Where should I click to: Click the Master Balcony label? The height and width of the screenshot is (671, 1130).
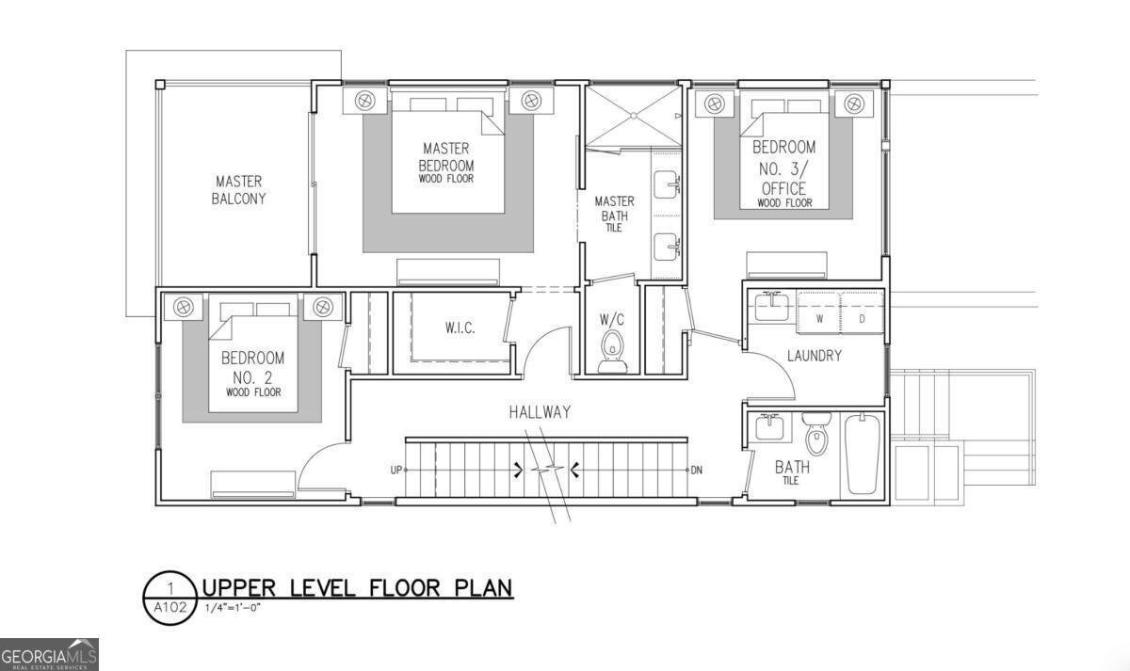(x=238, y=190)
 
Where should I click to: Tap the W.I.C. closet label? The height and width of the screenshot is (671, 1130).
(x=460, y=328)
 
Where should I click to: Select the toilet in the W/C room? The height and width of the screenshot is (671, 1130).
(x=613, y=352)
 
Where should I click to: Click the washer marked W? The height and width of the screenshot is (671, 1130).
(x=818, y=312)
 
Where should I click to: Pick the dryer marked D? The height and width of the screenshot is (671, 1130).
(x=862, y=312)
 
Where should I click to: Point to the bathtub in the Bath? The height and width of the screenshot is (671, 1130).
(x=863, y=454)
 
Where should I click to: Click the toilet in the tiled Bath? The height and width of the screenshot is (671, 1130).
(x=815, y=434)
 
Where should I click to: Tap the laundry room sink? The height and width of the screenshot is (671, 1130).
(x=771, y=307)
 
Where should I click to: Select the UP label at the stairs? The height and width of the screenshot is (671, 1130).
(x=396, y=471)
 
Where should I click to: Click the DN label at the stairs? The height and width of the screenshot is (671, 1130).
(x=696, y=471)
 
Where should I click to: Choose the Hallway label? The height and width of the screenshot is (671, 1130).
(x=540, y=412)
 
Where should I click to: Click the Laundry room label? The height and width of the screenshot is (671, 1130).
(x=815, y=356)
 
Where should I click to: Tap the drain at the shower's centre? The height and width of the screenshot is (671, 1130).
(x=634, y=116)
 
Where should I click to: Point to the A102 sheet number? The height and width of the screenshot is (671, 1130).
(x=170, y=608)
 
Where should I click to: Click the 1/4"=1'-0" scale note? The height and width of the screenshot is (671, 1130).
(x=233, y=608)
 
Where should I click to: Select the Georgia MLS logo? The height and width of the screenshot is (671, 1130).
(x=49, y=655)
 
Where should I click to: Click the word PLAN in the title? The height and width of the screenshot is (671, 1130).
(x=484, y=588)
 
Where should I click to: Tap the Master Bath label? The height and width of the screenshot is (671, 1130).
(x=614, y=214)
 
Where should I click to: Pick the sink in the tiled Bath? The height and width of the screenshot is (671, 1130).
(x=770, y=427)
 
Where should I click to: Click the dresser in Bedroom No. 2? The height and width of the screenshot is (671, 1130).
(x=252, y=485)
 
